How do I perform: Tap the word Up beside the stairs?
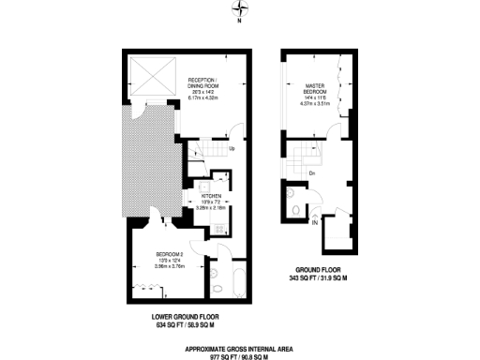tap(232, 148)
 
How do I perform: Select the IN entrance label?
tap(314, 223)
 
